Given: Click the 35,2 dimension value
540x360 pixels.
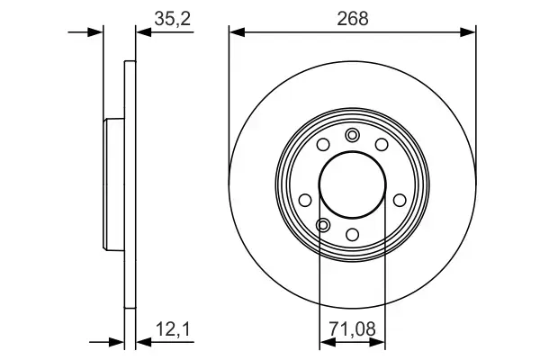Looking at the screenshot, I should pos(164,16).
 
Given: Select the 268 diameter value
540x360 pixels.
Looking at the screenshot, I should pos(352,16).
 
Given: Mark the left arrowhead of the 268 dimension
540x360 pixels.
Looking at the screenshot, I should pos(237,32).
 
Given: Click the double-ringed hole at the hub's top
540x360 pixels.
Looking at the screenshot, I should pos(352,135).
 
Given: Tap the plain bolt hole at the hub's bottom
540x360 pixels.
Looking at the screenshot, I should pos(352,235).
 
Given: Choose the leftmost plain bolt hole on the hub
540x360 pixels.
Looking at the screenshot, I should pos(305,200).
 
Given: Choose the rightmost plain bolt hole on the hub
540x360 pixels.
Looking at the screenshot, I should pos(400,200).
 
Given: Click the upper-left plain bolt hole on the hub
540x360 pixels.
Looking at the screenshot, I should pos(323,145).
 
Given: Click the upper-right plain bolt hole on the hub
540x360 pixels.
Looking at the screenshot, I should pos(381,145).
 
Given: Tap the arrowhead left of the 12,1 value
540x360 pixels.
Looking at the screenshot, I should pos(117,341).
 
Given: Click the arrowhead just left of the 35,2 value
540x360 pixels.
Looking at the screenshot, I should pos(141,32).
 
